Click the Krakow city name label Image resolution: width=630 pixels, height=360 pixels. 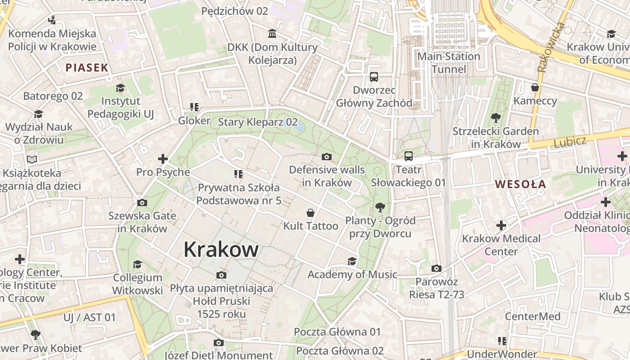pos(221,249)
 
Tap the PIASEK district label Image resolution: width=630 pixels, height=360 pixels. pos(87,68)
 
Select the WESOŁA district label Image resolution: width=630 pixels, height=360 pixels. pos(521,184)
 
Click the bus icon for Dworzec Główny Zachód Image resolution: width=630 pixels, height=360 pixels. pos(374,77)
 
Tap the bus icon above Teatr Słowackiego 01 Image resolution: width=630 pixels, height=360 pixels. pos(408,156)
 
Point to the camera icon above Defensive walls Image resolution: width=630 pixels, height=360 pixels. pos(327,157)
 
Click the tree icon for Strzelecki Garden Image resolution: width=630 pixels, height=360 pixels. pos(496,118)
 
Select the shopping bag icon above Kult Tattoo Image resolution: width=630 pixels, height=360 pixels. pos(310,212)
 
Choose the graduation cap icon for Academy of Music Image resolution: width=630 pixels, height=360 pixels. pos(352,261)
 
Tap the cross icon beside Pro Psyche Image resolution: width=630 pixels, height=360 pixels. pos(163,159)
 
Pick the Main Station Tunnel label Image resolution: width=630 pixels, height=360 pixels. pos(449,63)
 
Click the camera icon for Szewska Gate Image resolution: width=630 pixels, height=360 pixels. pos(142,202)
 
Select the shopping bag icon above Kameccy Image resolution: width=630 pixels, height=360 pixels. pos(535,87)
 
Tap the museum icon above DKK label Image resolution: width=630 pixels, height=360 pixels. pos(272,34)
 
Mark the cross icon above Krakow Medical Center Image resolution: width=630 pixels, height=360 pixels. pos(501,225)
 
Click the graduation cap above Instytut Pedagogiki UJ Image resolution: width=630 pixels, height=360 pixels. pos(120,88)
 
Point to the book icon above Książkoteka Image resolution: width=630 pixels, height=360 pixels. pos(31,159)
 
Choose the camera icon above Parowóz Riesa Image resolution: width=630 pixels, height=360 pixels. pos(436,269)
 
